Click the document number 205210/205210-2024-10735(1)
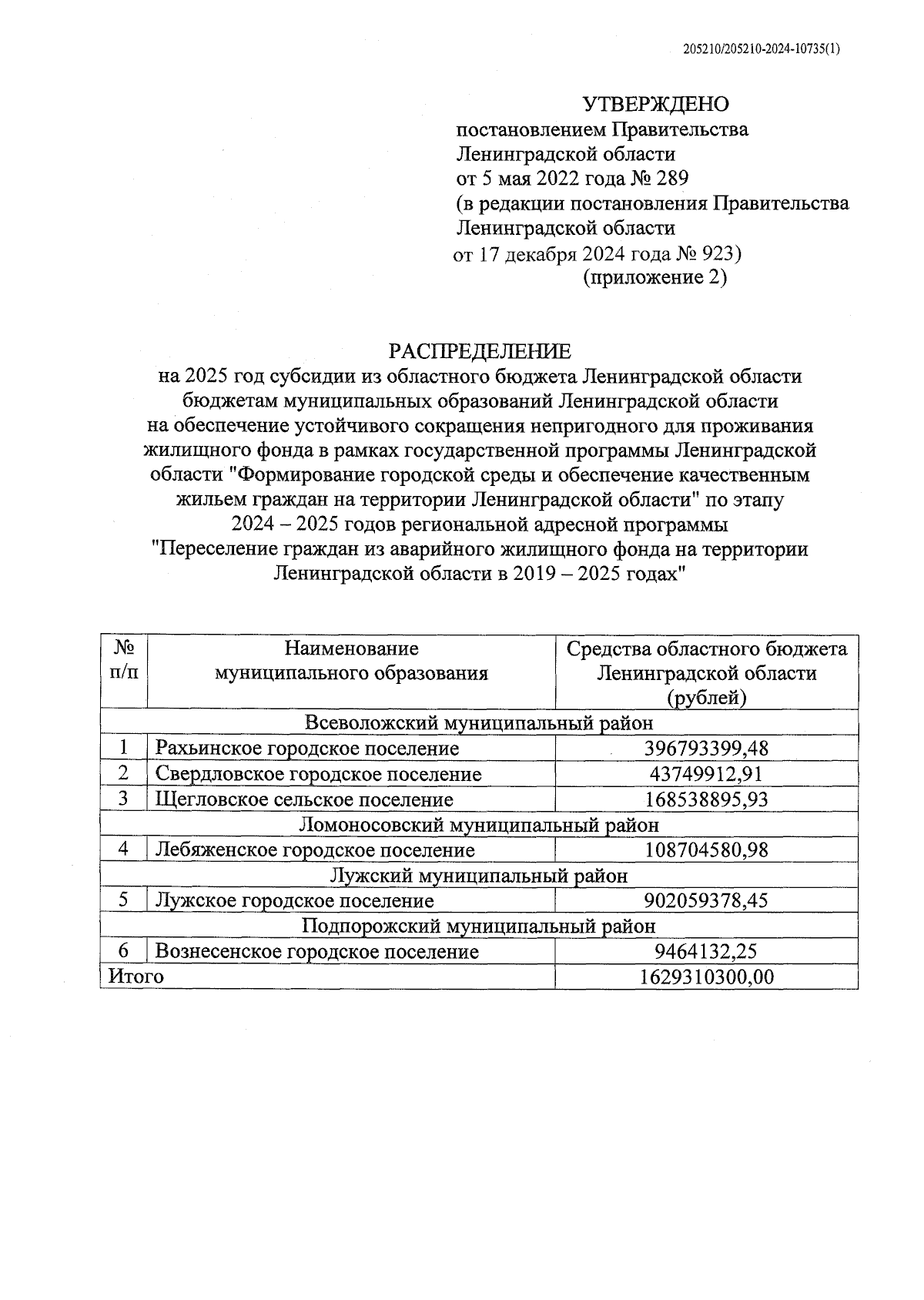(762, 49)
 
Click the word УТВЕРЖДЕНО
(654, 104)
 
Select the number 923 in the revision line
(719, 253)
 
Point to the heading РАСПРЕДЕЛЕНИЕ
(480, 352)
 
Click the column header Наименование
(351, 648)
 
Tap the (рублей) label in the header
(706, 698)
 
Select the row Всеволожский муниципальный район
(479, 723)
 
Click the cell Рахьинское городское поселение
(307, 749)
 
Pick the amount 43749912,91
(706, 774)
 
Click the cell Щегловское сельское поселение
(304, 799)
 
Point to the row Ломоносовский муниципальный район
(479, 825)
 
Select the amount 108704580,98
(706, 850)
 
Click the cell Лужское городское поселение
(295, 901)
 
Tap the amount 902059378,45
(706, 901)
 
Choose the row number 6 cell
(123, 951)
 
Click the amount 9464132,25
(706, 952)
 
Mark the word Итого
(136, 977)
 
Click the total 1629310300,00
(706, 977)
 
